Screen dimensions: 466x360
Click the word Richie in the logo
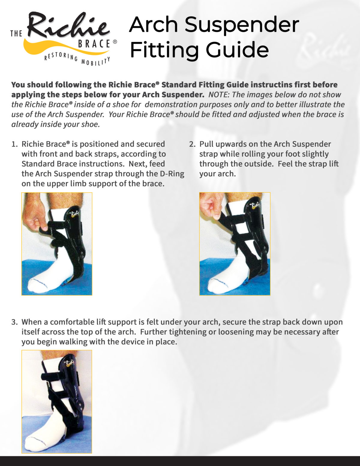click(x=68, y=26)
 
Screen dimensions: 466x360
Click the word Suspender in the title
click(x=242, y=25)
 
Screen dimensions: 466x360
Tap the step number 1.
click(x=14, y=144)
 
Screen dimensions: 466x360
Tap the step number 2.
click(x=192, y=144)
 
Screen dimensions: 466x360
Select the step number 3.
click(x=14, y=322)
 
